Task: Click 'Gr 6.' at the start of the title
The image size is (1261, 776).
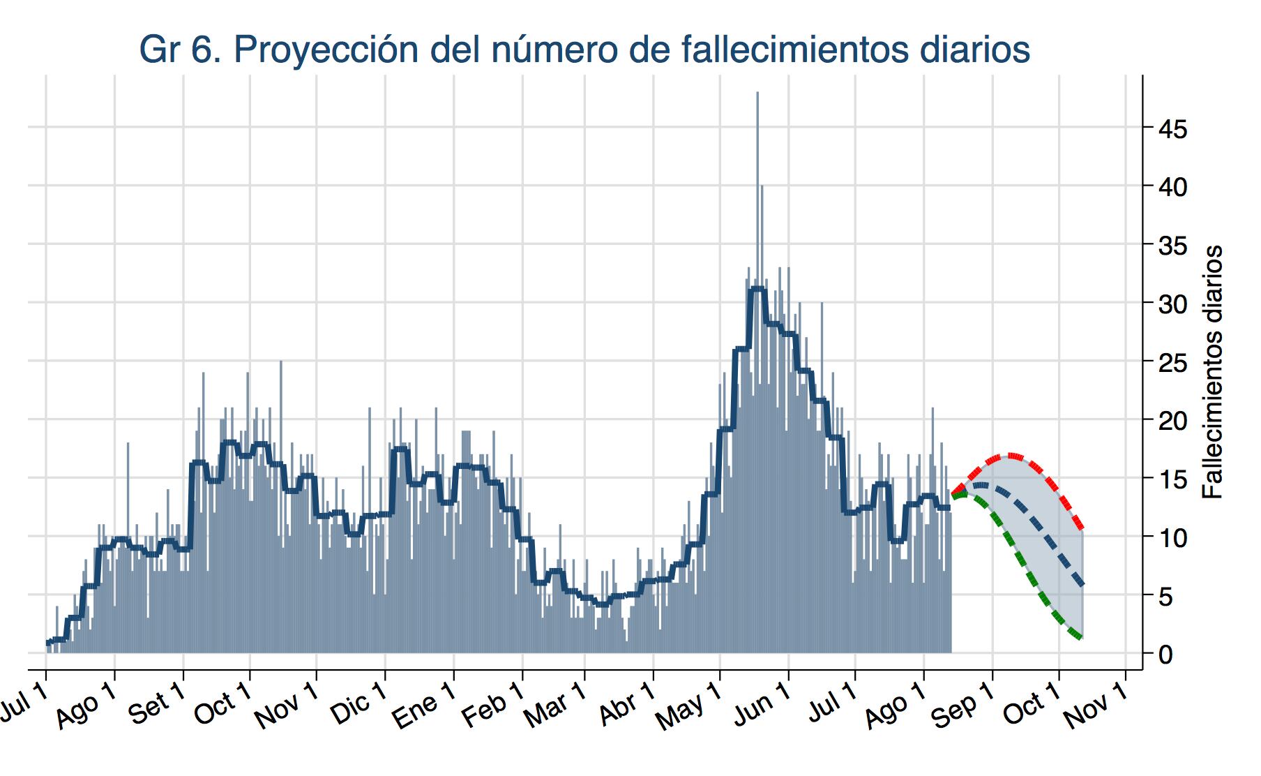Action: coord(181,50)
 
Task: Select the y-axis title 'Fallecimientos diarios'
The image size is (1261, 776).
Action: coord(1213,371)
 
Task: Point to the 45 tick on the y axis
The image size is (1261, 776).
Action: coord(1172,129)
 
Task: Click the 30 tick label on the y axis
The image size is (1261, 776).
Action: coord(1172,304)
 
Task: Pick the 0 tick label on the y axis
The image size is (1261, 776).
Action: coord(1165,655)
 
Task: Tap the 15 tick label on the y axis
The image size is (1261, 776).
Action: coord(1172,479)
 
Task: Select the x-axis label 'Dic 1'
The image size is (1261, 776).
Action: coord(359,706)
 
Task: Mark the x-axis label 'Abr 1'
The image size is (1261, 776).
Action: coord(627,707)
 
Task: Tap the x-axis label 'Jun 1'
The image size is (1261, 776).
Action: coord(762,707)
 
